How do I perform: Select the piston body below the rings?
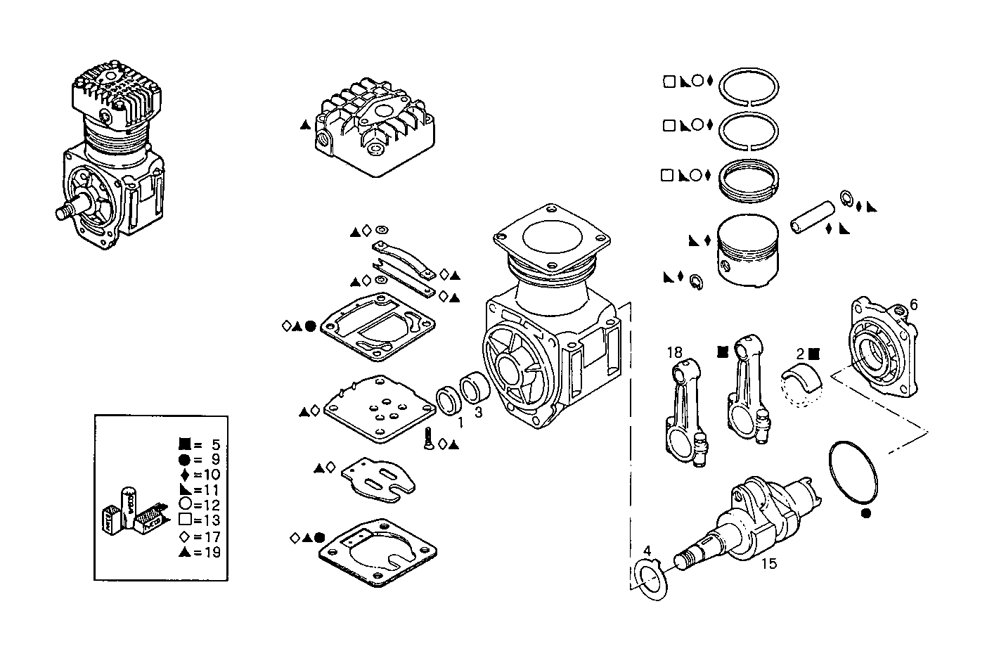click(747, 250)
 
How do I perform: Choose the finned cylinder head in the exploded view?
click(370, 131)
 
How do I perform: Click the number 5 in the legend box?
click(216, 444)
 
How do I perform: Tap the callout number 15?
click(769, 564)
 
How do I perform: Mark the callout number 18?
click(674, 352)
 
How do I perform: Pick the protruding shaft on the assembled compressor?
click(69, 212)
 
